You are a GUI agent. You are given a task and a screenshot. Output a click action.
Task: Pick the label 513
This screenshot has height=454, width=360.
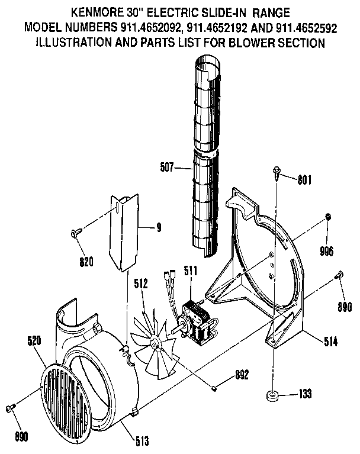(141, 440)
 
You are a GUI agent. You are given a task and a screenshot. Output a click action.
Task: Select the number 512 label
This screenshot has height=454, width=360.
(140, 284)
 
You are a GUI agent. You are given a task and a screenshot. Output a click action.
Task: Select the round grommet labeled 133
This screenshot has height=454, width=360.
(272, 395)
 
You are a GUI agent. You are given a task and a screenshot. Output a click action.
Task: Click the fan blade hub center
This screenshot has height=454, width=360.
(155, 342)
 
